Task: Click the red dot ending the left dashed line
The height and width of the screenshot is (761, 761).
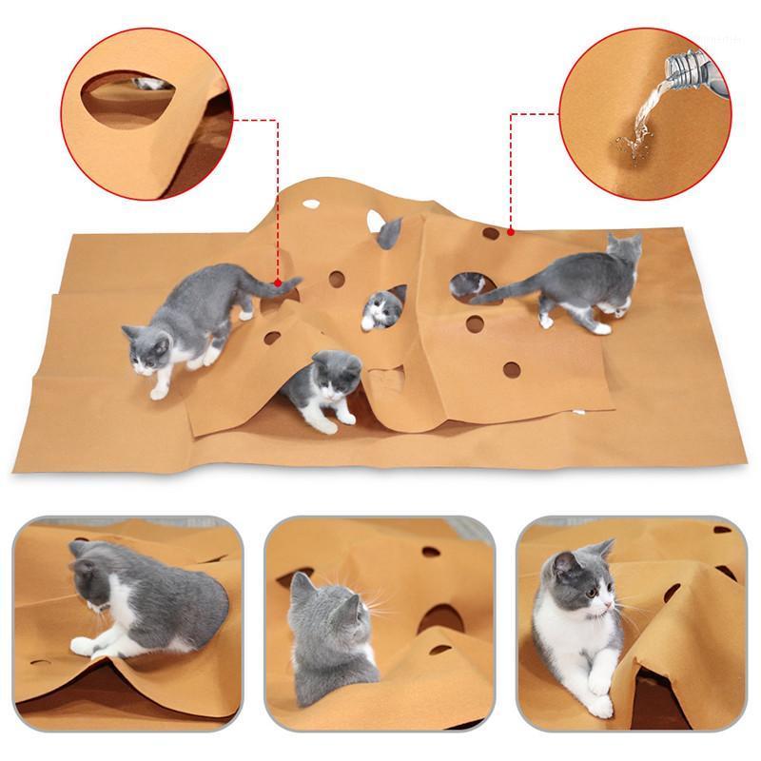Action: click(x=277, y=283)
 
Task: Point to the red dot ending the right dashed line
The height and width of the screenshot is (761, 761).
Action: click(x=511, y=230)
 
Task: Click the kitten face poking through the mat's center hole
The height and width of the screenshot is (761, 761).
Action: click(x=382, y=308)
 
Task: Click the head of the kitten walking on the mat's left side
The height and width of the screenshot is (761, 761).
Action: click(x=147, y=353)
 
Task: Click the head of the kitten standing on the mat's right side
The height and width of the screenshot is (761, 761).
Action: click(x=623, y=252)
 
